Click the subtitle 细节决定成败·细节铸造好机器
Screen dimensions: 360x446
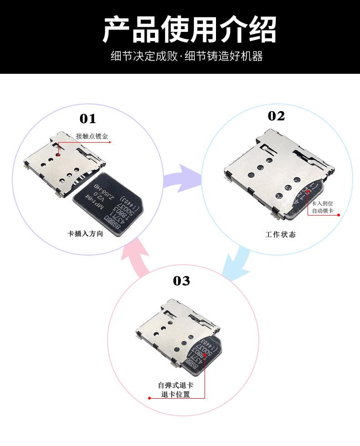coord(187,57)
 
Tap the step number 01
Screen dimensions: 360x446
coord(88,119)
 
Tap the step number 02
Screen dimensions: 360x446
coord(276,116)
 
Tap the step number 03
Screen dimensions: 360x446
coord(181,281)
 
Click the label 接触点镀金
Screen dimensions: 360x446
coord(92,136)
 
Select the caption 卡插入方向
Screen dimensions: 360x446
coord(85,234)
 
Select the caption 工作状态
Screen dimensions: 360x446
coord(280,235)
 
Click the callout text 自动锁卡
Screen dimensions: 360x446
coord(322,211)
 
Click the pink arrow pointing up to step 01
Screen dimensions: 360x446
coord(137,258)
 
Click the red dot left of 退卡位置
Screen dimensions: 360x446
coord(149,398)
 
